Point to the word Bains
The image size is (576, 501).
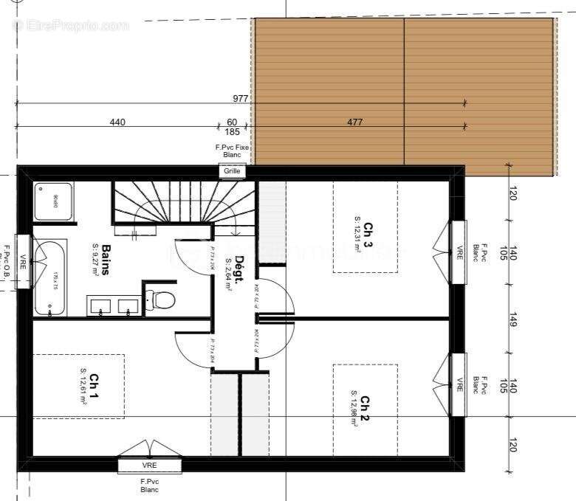106,260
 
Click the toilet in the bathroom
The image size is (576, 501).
162,299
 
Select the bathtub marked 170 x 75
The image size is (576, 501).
49,277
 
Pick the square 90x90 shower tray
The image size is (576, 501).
53,201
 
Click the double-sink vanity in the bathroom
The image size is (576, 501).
114,305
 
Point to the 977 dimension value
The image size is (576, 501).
241,99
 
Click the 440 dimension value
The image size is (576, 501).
117,122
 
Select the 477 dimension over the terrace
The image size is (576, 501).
355,122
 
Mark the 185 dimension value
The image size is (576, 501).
233,132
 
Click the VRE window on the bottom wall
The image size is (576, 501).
150,466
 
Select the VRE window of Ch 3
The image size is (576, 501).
459,252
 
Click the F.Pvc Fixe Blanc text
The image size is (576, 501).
233,151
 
